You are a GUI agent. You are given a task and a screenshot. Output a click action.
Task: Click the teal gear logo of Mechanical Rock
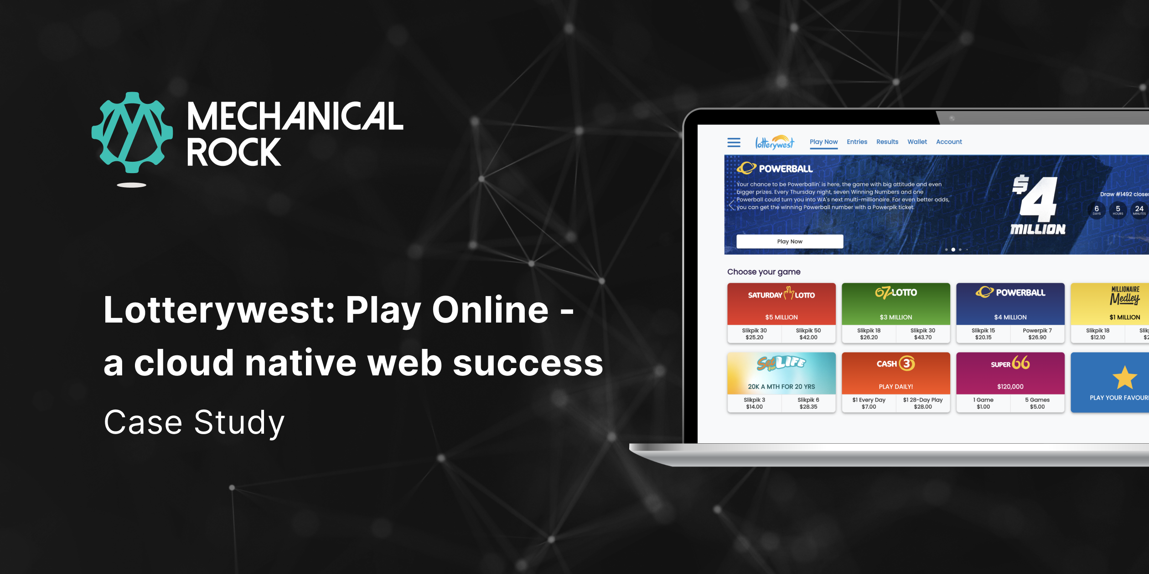pyautogui.click(x=132, y=133)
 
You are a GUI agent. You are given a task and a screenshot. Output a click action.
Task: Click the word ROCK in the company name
pyautogui.click(x=233, y=153)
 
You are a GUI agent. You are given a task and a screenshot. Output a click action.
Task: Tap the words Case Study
pyautogui.click(x=194, y=422)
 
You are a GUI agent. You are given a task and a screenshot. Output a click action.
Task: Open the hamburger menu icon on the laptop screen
pyautogui.click(x=734, y=143)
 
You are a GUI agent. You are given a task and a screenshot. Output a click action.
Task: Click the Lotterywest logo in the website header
pyautogui.click(x=774, y=143)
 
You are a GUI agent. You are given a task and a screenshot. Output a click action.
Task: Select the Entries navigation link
pyautogui.click(x=857, y=142)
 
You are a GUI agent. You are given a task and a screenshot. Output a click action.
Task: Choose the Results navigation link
pyautogui.click(x=887, y=142)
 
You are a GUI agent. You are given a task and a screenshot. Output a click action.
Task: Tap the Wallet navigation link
pyautogui.click(x=917, y=142)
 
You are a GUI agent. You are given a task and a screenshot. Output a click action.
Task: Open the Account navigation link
pyautogui.click(x=949, y=142)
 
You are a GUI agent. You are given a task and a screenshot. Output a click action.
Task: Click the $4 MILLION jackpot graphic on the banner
pyautogui.click(x=1038, y=205)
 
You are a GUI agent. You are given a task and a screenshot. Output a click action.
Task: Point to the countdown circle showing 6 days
pyautogui.click(x=1097, y=210)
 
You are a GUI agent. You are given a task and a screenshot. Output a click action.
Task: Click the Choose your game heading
pyautogui.click(x=764, y=272)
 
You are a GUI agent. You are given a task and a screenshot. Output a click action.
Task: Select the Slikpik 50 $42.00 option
pyautogui.click(x=808, y=334)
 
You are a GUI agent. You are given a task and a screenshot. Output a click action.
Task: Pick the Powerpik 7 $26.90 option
pyautogui.click(x=1037, y=334)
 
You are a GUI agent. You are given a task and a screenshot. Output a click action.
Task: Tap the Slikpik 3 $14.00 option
pyautogui.click(x=754, y=403)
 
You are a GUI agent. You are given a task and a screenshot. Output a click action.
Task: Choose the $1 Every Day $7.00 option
pyautogui.click(x=869, y=403)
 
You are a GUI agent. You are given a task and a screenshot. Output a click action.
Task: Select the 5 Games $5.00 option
pyautogui.click(x=1037, y=403)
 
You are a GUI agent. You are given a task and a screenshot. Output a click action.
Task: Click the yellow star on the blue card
pyautogui.click(x=1124, y=378)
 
